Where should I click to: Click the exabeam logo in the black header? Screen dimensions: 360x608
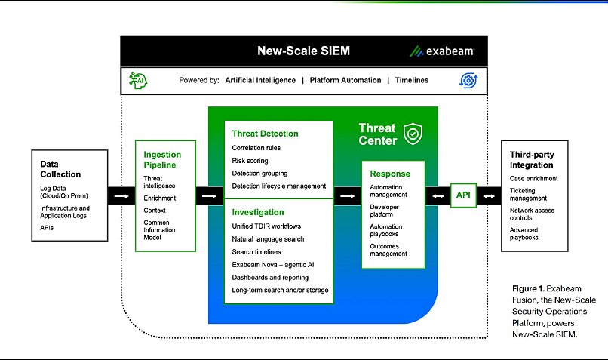(x=442, y=51)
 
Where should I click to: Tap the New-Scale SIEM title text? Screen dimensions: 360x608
(x=304, y=51)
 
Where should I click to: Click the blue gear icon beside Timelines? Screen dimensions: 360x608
(x=468, y=79)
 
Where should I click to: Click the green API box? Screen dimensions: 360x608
(x=462, y=195)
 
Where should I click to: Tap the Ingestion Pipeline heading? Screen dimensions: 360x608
(x=162, y=160)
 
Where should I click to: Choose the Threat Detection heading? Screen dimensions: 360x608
(x=265, y=134)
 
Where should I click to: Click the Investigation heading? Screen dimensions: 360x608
(x=258, y=212)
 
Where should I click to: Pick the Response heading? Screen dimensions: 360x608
(x=389, y=174)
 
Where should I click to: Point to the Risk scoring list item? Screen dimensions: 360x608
(x=250, y=161)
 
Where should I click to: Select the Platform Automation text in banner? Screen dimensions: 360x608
(x=343, y=79)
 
